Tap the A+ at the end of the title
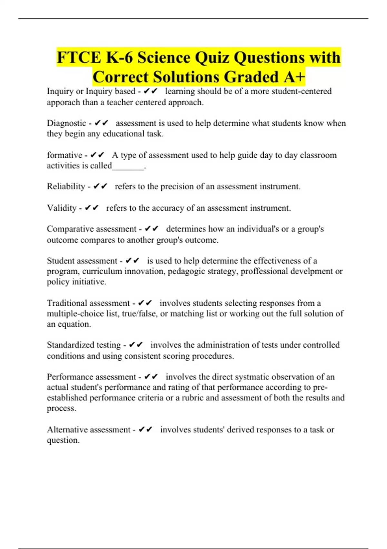click(294, 77)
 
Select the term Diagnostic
click(66, 123)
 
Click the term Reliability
click(66, 186)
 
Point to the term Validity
click(62, 208)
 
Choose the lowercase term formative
click(64, 155)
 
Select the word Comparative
click(70, 229)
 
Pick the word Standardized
click(67, 345)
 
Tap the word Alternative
click(67, 430)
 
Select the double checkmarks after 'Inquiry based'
click(150, 91)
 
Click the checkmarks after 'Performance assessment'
click(151, 377)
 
